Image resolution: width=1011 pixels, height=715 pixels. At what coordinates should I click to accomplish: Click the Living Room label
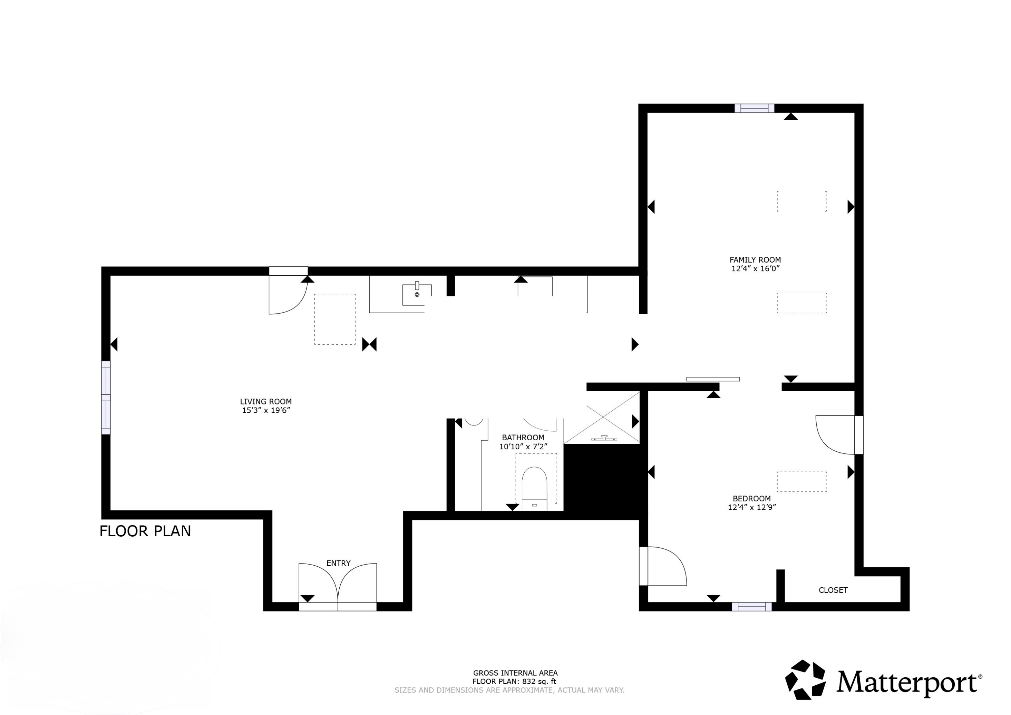tap(266, 401)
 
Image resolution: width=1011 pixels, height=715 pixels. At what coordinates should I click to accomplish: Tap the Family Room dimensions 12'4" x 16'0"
tap(755, 268)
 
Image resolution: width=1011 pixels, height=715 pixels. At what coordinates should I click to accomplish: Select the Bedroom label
tap(752, 498)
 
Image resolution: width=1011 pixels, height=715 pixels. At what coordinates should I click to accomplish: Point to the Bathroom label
tap(523, 438)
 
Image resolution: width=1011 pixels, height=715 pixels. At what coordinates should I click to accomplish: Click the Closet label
tap(833, 590)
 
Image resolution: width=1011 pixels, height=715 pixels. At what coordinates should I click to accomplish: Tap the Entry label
tap(338, 563)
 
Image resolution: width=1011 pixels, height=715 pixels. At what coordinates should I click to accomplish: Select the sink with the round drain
tap(417, 294)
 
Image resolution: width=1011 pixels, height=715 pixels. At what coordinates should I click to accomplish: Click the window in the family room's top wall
tap(754, 108)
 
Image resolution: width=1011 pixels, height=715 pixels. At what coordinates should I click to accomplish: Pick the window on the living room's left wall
tap(106, 397)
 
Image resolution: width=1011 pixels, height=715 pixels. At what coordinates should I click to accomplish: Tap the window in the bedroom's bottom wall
tap(752, 607)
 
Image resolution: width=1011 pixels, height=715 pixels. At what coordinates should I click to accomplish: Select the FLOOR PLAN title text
tap(145, 531)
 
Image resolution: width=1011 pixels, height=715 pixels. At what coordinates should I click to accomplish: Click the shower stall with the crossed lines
tap(602, 418)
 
